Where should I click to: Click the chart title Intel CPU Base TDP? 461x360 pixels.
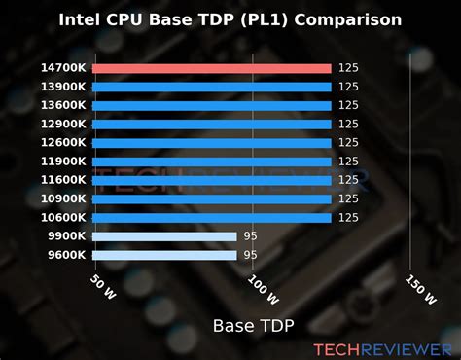click(230, 18)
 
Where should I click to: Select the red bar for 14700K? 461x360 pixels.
click(213, 68)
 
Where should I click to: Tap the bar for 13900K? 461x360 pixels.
click(213, 87)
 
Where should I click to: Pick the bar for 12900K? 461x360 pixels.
click(213, 124)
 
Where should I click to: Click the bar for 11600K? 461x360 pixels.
click(213, 180)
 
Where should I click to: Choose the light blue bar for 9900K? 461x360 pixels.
click(165, 235)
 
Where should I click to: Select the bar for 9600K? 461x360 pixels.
click(165, 255)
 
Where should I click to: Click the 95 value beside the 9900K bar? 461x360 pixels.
click(249, 235)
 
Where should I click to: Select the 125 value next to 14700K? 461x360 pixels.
click(348, 68)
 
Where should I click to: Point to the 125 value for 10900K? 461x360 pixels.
click(348, 198)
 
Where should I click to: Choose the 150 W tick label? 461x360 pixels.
click(419, 285)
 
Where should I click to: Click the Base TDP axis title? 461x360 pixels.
click(252, 324)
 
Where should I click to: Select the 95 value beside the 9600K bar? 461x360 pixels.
click(249, 255)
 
